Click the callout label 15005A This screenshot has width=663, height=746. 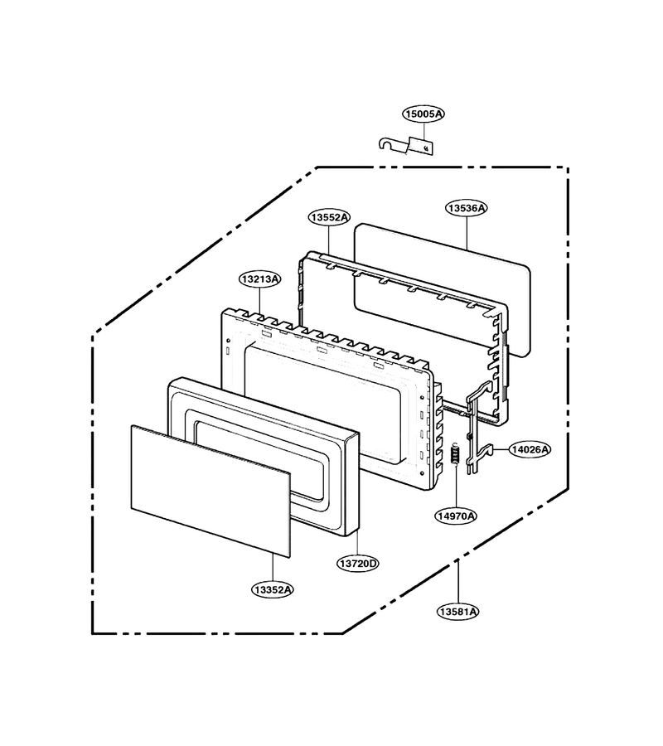pyautogui.click(x=423, y=114)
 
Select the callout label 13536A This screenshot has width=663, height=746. pyautogui.click(x=467, y=208)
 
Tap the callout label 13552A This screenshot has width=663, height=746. pyautogui.click(x=329, y=217)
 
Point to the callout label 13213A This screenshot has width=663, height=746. pyautogui.click(x=259, y=279)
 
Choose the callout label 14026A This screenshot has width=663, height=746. pyautogui.click(x=530, y=449)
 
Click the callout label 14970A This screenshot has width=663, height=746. pyautogui.click(x=456, y=516)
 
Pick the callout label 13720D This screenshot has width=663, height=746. pyautogui.click(x=358, y=564)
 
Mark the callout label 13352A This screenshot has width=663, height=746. pyautogui.click(x=273, y=590)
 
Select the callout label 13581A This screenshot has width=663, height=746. pyautogui.click(x=457, y=612)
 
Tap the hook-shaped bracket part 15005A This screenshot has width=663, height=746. pyautogui.click(x=407, y=145)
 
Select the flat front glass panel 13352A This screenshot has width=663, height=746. pyautogui.click(x=211, y=491)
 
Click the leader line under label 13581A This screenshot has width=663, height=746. pyautogui.click(x=457, y=583)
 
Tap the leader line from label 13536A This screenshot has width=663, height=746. pyautogui.click(x=467, y=233)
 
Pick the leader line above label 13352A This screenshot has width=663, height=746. pyautogui.click(x=273, y=568)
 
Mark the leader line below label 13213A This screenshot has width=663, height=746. pyautogui.click(x=259, y=300)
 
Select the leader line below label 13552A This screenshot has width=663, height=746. pyautogui.click(x=329, y=240)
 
